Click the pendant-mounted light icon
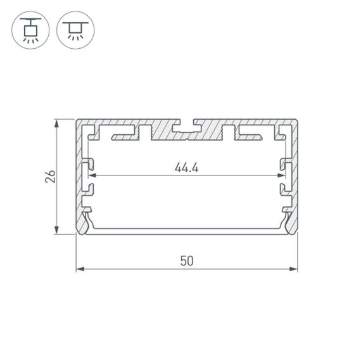point(29,29)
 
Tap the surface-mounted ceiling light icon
point(75,29)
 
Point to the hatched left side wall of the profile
point(80,171)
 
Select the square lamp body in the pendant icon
point(29,27)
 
